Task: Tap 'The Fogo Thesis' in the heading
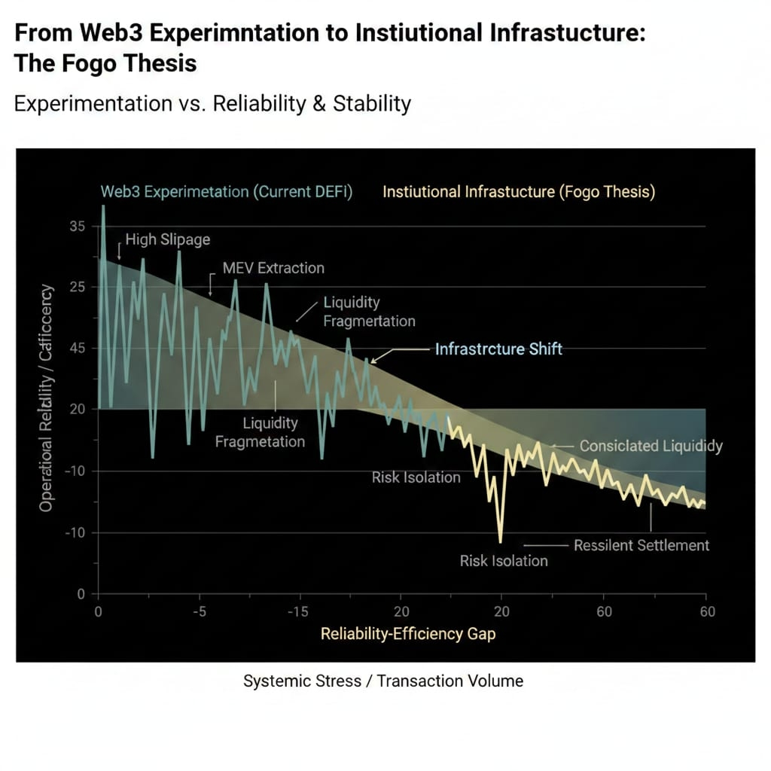(105, 62)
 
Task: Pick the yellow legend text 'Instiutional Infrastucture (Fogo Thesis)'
(519, 191)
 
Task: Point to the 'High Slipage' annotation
(167, 239)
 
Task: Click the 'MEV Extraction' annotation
(273, 267)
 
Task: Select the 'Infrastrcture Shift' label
(498, 349)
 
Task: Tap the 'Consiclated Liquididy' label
(651, 446)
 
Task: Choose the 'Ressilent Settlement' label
(641, 544)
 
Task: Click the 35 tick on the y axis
(78, 226)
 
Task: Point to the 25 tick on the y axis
(78, 287)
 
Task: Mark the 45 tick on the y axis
(78, 348)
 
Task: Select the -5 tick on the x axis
(199, 611)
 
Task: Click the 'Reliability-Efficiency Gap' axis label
(408, 633)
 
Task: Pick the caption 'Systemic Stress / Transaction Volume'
(382, 681)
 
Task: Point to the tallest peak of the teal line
(103, 206)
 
